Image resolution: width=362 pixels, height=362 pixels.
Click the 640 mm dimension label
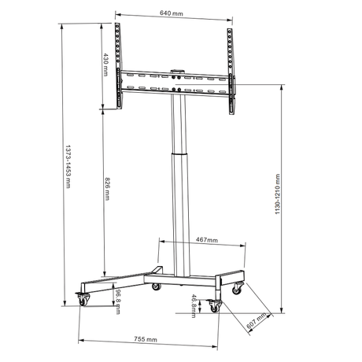(x=172, y=13)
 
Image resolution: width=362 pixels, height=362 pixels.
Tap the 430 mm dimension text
(x=105, y=65)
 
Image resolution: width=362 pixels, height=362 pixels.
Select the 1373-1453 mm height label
(x=68, y=166)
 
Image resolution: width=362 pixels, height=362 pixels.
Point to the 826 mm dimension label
(x=107, y=189)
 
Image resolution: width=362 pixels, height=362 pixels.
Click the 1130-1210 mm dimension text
(x=278, y=194)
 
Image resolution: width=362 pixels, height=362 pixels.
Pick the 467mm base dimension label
(x=207, y=240)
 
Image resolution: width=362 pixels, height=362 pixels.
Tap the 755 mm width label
(x=146, y=339)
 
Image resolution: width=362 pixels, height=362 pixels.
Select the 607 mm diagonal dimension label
(x=257, y=321)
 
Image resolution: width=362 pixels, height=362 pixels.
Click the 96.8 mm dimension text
(x=118, y=301)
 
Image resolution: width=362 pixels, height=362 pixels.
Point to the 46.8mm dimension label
(x=194, y=306)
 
